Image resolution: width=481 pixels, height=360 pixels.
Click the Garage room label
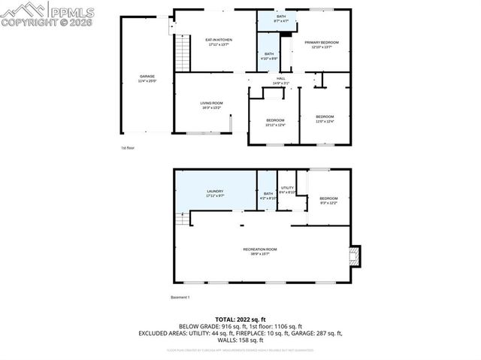pyautogui.click(x=147, y=77)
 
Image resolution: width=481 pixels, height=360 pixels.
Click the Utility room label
pyautogui.click(x=286, y=189)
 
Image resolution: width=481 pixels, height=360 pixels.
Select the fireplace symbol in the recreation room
pyautogui.click(x=354, y=256)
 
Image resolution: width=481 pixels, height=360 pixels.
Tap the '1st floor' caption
pyautogui.click(x=128, y=148)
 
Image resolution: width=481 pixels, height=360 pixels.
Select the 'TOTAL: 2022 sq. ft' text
pyautogui.click(x=240, y=319)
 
